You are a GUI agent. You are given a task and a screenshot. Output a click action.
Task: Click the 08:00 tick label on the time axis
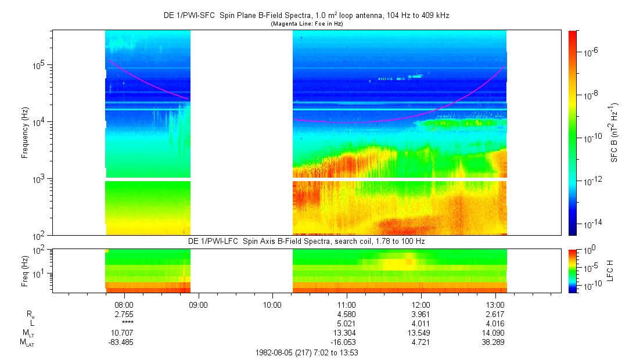point(124,304)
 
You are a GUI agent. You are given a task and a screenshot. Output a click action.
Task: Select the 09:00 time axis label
point(199,304)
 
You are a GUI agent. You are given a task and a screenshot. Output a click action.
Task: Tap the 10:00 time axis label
point(272,304)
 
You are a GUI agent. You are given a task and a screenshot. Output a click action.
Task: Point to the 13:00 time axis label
point(495,304)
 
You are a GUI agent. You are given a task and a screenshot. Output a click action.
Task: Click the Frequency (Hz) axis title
point(25,133)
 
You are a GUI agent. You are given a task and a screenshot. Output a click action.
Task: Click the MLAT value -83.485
point(124,343)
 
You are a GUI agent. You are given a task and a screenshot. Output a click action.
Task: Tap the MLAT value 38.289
point(495,343)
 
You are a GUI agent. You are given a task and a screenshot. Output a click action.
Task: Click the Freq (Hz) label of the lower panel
point(25,271)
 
